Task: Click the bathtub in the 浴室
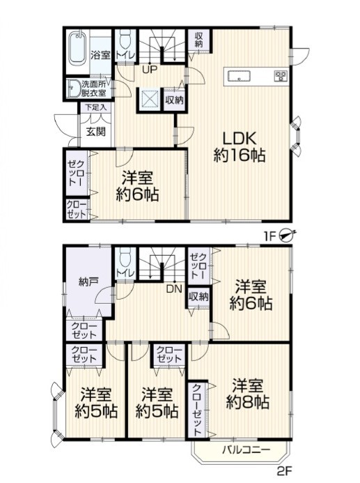(x=77, y=48)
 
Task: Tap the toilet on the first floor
(x=125, y=40)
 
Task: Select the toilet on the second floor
(x=125, y=257)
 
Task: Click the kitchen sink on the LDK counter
(x=238, y=76)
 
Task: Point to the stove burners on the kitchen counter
(x=281, y=76)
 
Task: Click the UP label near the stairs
(x=150, y=70)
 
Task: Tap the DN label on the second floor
(x=174, y=289)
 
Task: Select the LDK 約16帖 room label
(x=240, y=147)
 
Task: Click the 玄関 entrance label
(x=95, y=132)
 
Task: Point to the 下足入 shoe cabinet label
(x=95, y=107)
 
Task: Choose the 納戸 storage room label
(x=88, y=282)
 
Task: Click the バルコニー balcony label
(x=246, y=450)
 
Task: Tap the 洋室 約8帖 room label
(x=248, y=394)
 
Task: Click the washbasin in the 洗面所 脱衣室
(x=73, y=88)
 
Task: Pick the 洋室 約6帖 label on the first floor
(x=137, y=186)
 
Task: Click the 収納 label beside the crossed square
(x=175, y=100)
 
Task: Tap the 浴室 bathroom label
(x=100, y=55)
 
